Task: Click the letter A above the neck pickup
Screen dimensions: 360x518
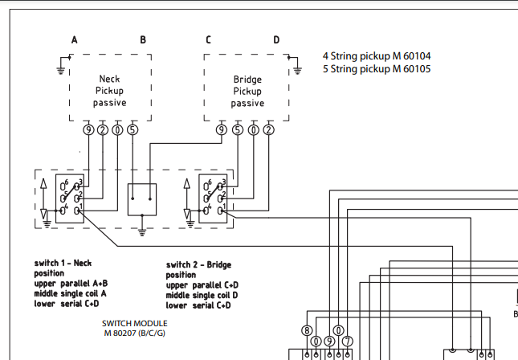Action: coord(75,39)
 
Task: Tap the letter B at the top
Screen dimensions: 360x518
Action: coord(143,39)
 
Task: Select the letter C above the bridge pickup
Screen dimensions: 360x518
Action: coord(209,39)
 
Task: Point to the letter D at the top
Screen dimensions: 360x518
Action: coord(276,39)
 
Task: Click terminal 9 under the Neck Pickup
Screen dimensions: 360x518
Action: coord(88,129)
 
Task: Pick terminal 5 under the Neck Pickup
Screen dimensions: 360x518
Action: coord(133,129)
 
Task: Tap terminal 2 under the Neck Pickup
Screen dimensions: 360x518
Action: coord(103,129)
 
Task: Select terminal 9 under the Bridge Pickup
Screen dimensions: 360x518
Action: coord(221,129)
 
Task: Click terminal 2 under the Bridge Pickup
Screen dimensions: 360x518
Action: coord(268,129)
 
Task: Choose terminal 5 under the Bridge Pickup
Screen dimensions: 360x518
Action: coord(237,129)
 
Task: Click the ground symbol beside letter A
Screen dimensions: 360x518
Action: coord(60,69)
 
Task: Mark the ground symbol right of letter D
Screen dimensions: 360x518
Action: coord(297,69)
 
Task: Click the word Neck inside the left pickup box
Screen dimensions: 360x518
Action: coord(109,80)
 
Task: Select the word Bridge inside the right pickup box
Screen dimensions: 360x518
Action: coord(247,80)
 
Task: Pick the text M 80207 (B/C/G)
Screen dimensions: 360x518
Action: coord(135,333)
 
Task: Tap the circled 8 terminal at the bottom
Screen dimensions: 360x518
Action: coord(307,329)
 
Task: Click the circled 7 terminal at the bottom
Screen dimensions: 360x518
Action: coord(346,341)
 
